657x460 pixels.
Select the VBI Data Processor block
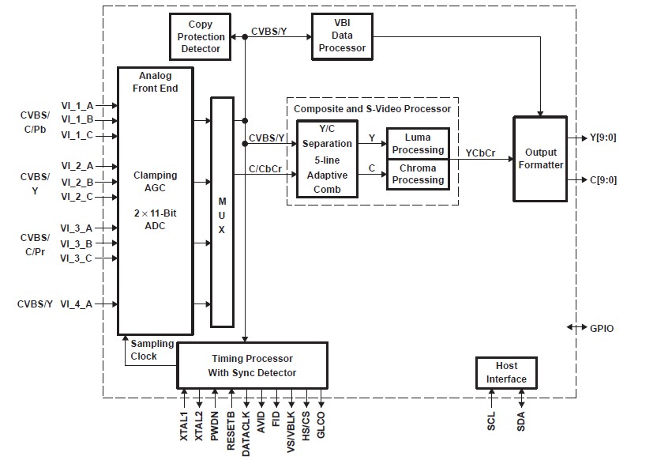tap(342, 36)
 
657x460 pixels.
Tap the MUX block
tap(222, 211)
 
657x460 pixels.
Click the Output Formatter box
tap(541, 159)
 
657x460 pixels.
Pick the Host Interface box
tap(506, 372)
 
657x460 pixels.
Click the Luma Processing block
tap(418, 144)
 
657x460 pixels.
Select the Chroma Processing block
tap(418, 174)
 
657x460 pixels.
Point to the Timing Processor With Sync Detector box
tap(251, 365)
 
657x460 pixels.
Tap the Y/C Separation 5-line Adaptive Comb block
tap(327, 159)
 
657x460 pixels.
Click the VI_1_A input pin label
tap(78, 105)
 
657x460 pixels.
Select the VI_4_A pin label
tap(78, 304)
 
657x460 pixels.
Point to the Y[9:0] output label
tap(603, 138)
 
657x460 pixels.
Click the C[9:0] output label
tap(603, 180)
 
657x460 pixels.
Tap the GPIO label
tap(602, 328)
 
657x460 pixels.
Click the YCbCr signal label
tap(481, 153)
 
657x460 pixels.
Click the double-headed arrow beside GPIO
tap(576, 328)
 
